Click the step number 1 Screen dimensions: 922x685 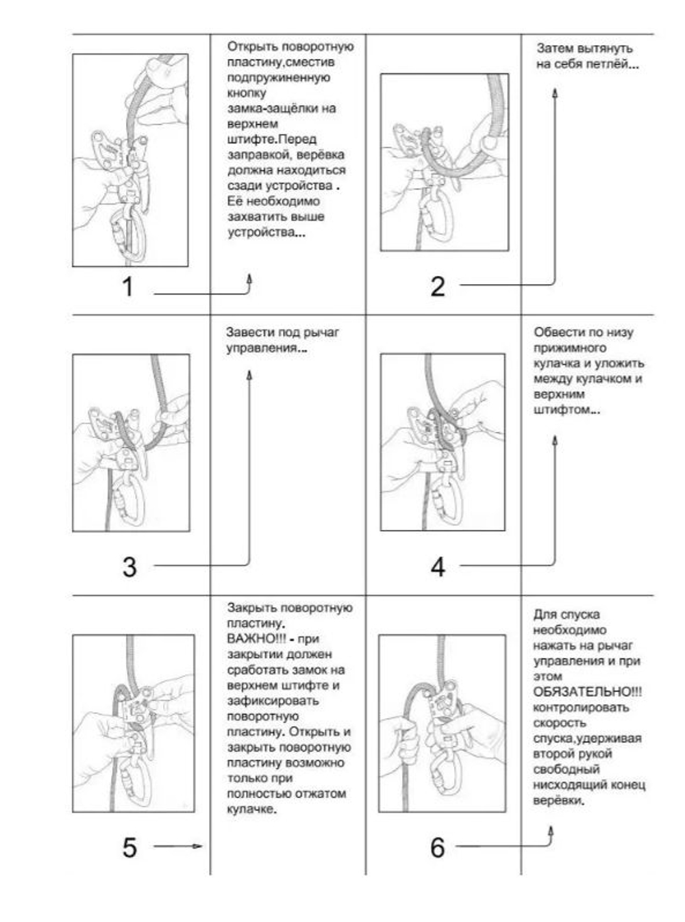click(127, 286)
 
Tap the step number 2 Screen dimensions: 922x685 click(438, 286)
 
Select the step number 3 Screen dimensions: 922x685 click(129, 567)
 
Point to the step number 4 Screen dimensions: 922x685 click(438, 567)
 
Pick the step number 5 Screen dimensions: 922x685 click(129, 847)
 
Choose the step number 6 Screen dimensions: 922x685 click(438, 847)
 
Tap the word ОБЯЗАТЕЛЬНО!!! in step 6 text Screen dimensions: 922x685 click(587, 691)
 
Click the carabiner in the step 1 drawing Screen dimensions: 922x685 click(129, 236)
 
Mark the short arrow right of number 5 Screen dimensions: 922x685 click(178, 847)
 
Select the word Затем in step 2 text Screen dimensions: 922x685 click(553, 49)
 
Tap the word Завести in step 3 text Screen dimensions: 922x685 click(251, 333)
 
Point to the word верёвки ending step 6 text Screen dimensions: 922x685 click(558, 800)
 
